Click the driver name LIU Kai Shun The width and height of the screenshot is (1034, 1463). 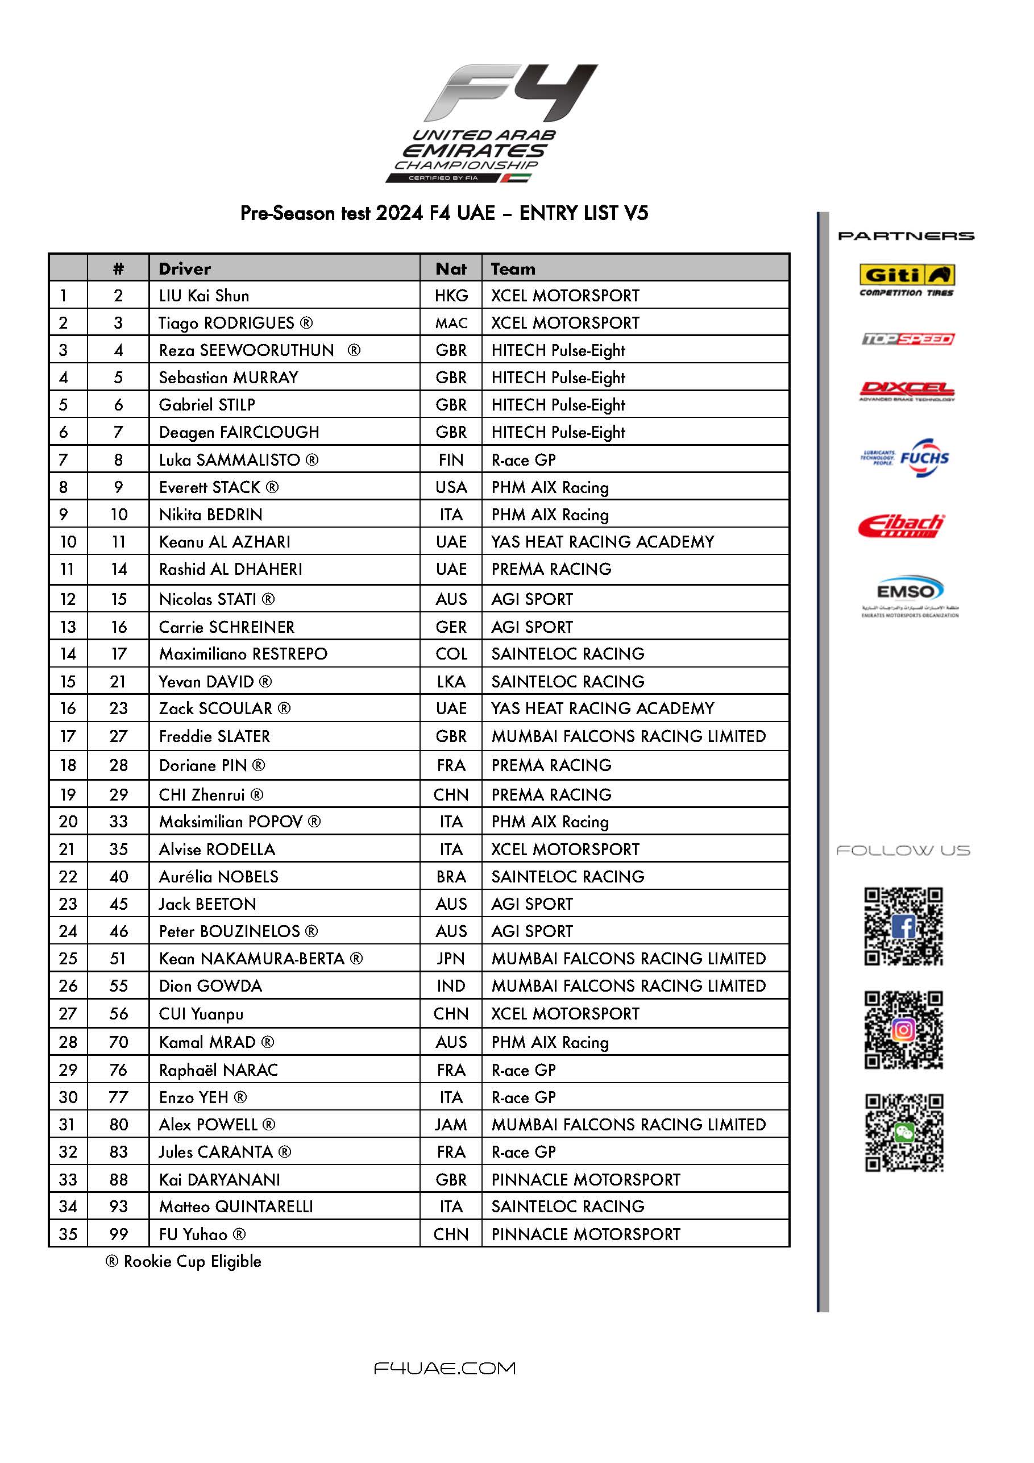(204, 296)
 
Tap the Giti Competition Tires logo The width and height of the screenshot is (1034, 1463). (906, 280)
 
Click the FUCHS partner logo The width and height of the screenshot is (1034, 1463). (906, 457)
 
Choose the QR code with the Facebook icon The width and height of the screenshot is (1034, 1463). (903, 926)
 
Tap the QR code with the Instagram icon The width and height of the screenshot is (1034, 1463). (903, 1030)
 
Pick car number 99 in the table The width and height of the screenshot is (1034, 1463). (118, 1234)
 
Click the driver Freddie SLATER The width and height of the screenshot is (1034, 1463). (214, 736)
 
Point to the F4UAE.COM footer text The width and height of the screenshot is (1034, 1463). (444, 1368)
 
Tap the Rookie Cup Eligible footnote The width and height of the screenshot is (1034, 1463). (184, 1262)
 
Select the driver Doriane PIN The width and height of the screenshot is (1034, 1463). (211, 765)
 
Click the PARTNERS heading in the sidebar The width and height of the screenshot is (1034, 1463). (906, 236)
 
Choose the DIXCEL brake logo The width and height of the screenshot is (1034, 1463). (906, 391)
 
